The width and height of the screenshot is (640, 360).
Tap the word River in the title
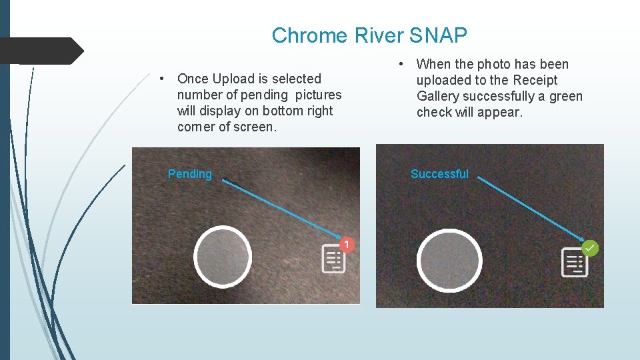tap(379, 35)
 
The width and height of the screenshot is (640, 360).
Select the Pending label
tap(189, 174)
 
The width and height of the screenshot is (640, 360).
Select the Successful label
tap(439, 174)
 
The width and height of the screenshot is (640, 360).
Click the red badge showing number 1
tap(346, 245)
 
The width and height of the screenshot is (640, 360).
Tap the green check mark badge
tap(590, 248)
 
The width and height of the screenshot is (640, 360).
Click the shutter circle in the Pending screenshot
tap(223, 257)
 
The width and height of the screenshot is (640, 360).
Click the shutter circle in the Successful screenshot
tap(449, 261)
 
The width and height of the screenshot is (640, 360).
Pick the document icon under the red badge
tap(333, 259)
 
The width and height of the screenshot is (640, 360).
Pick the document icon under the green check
tap(574, 262)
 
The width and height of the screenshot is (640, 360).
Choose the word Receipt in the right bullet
tap(535, 80)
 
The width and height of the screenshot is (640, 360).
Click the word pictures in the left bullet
tap(315, 95)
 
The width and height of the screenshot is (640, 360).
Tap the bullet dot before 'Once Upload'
tap(162, 79)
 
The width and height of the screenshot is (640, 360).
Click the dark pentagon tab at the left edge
tap(40, 51)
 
